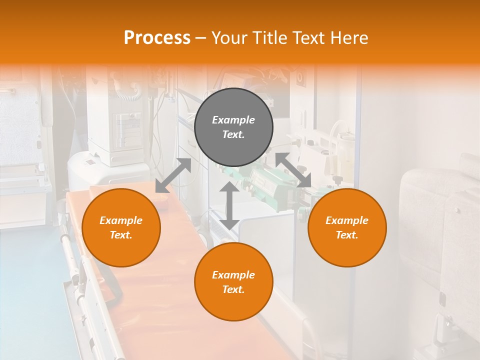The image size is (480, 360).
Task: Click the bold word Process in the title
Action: point(157,38)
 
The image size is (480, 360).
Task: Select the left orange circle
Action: point(121,228)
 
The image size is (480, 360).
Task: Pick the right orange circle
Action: point(347,228)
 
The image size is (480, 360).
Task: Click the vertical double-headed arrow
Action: point(229,205)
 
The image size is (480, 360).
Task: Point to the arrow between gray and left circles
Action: point(173,175)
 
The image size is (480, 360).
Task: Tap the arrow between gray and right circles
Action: point(293,170)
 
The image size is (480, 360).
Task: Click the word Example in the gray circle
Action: point(233,120)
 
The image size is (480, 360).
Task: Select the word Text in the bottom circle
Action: point(233,289)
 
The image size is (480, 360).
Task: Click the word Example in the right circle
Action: point(347,220)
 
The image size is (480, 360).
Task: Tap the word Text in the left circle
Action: point(121,235)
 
